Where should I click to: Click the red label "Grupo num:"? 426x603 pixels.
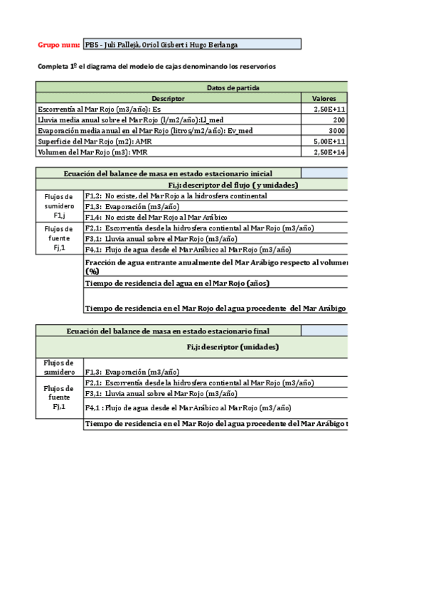[58, 44]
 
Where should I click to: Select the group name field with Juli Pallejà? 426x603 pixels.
[192, 44]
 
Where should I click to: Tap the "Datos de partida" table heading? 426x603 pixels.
[233, 87]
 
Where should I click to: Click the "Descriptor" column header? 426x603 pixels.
[169, 98]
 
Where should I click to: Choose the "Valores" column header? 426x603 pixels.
[329, 98]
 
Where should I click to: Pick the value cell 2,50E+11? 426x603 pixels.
[329, 110]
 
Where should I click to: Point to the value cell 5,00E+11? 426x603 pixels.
[329, 142]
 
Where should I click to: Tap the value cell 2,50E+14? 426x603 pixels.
[329, 152]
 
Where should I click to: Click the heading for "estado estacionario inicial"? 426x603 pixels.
[168, 173]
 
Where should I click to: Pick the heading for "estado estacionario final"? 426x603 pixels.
[168, 331]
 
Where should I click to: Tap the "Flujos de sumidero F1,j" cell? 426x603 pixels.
[58, 206]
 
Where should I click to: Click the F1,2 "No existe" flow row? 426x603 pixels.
[176, 196]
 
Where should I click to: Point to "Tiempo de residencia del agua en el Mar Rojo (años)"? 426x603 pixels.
[176, 283]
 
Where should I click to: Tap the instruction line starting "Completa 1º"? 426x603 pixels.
[156, 66]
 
